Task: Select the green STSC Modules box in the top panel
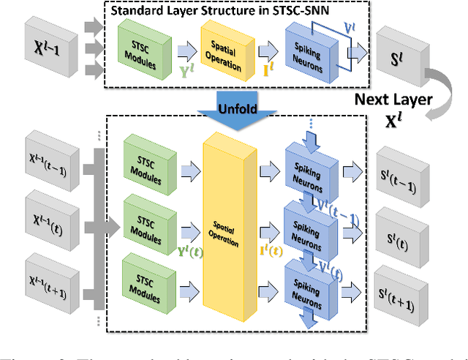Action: tap(139, 45)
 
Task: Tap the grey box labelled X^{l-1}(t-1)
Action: tap(50, 157)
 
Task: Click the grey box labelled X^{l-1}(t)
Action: tap(50, 220)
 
